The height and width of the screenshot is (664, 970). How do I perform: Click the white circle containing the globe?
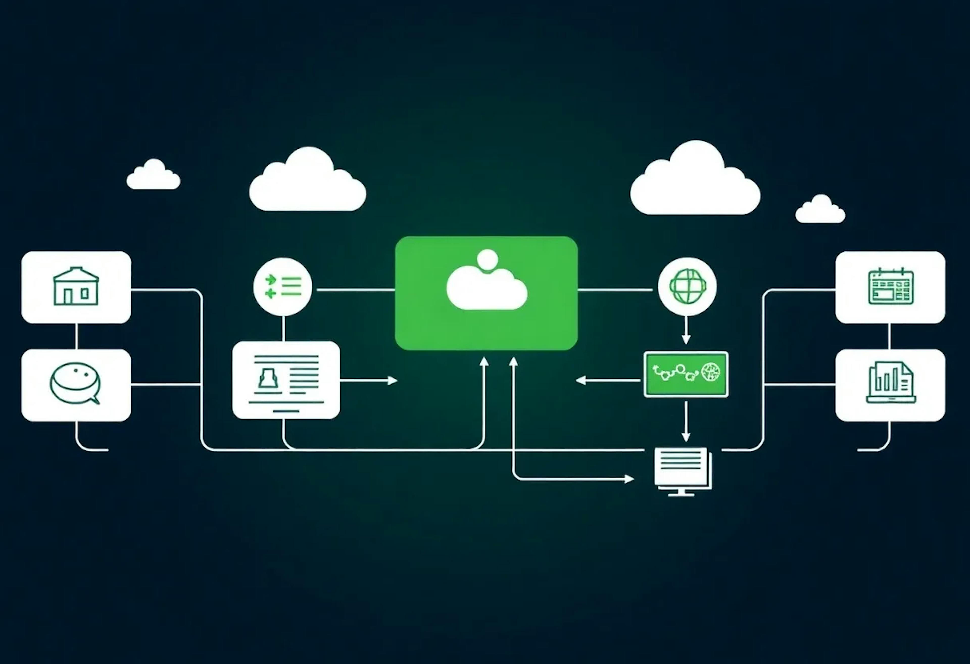pos(687,286)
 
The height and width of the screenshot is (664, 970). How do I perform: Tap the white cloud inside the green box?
pos(487,288)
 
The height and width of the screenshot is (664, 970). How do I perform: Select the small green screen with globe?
pos(686,374)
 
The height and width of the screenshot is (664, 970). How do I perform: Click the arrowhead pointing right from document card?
pos(392,380)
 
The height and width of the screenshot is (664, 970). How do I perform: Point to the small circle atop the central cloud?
pos(487,259)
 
